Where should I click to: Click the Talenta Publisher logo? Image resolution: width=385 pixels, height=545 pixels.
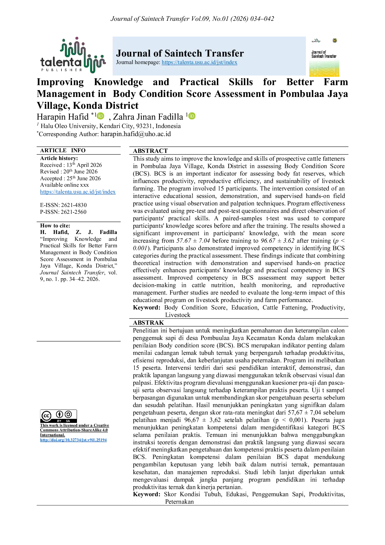(73, 55)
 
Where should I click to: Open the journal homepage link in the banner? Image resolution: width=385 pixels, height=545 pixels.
(199, 62)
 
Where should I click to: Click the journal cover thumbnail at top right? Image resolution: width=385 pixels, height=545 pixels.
(324, 57)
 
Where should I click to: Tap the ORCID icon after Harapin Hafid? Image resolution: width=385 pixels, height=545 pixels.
(101, 116)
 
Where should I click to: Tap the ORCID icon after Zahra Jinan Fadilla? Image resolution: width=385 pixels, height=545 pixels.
(192, 116)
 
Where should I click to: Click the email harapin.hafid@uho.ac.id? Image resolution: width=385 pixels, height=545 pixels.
(136, 134)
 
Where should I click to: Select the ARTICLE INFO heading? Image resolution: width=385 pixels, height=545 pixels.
(63, 150)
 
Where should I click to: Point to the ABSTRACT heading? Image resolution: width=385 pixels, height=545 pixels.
(150, 151)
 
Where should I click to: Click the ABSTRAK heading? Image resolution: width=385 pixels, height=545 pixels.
(148, 323)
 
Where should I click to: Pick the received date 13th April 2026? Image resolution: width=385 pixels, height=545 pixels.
(84, 165)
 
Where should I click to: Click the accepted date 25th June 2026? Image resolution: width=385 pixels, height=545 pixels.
(84, 178)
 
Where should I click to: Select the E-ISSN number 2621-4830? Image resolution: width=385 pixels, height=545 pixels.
(74, 205)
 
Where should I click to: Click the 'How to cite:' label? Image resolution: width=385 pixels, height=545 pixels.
(55, 226)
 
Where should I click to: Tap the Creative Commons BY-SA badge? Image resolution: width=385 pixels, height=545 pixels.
(58, 416)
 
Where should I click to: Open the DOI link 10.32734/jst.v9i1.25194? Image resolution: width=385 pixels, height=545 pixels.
(73, 440)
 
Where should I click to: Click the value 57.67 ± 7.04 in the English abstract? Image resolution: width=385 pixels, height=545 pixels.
(193, 241)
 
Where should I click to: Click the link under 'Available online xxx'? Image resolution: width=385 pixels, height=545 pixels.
(78, 192)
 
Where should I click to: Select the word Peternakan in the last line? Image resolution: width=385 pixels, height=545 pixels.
(179, 501)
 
